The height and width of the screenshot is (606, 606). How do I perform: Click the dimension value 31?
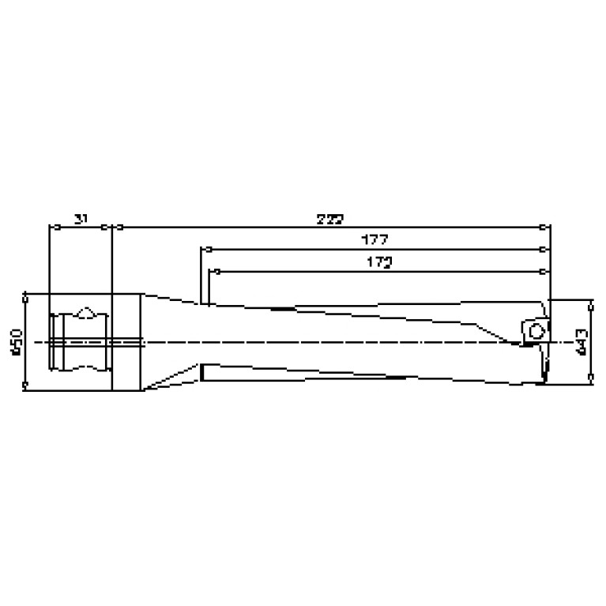pyautogui.click(x=80, y=219)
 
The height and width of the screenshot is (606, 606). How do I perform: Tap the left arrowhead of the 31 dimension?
pyautogui.click(x=52, y=228)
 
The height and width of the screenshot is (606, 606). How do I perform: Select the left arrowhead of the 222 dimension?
pyautogui.click(x=117, y=228)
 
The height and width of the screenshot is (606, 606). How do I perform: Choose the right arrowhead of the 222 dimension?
pyautogui.click(x=544, y=228)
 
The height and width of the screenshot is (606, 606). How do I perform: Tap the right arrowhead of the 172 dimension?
pyautogui.click(x=544, y=271)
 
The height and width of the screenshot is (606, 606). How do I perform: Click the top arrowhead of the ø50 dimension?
pyautogui.click(x=26, y=298)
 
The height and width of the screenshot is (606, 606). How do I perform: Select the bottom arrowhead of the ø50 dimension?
pyautogui.click(x=26, y=386)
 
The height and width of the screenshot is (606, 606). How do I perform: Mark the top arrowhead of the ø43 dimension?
pyautogui.click(x=590, y=303)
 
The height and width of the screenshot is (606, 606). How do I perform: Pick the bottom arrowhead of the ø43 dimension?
pyautogui.click(x=590, y=382)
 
